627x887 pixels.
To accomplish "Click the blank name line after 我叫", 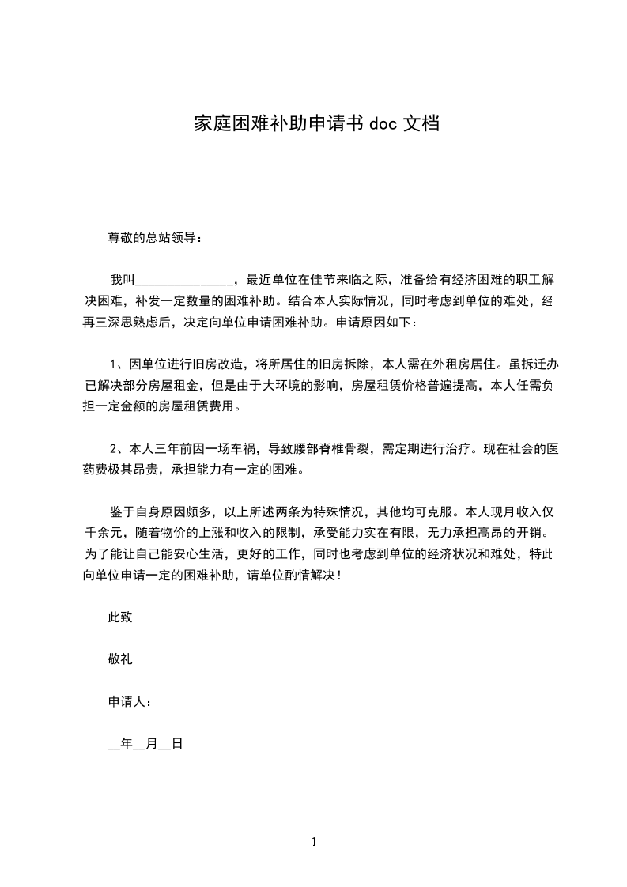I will pyautogui.click(x=183, y=280).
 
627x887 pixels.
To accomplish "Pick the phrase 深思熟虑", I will pyautogui.click(x=147, y=322).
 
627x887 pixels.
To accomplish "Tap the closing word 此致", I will pyautogui.click(x=120, y=617).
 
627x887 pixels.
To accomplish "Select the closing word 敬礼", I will pyautogui.click(x=120, y=659).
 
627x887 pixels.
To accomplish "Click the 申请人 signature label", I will pyautogui.click(x=127, y=702).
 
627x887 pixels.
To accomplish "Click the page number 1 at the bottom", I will pyautogui.click(x=314, y=843).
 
